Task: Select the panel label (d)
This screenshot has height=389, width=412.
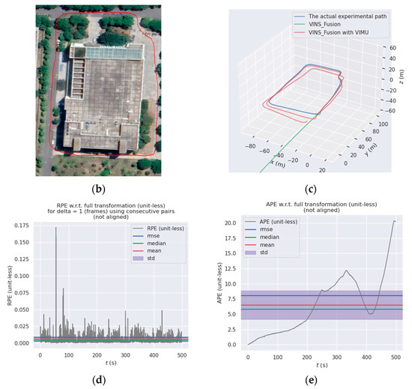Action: coord(100,380)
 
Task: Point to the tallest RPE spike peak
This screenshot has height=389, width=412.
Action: coord(56,228)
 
